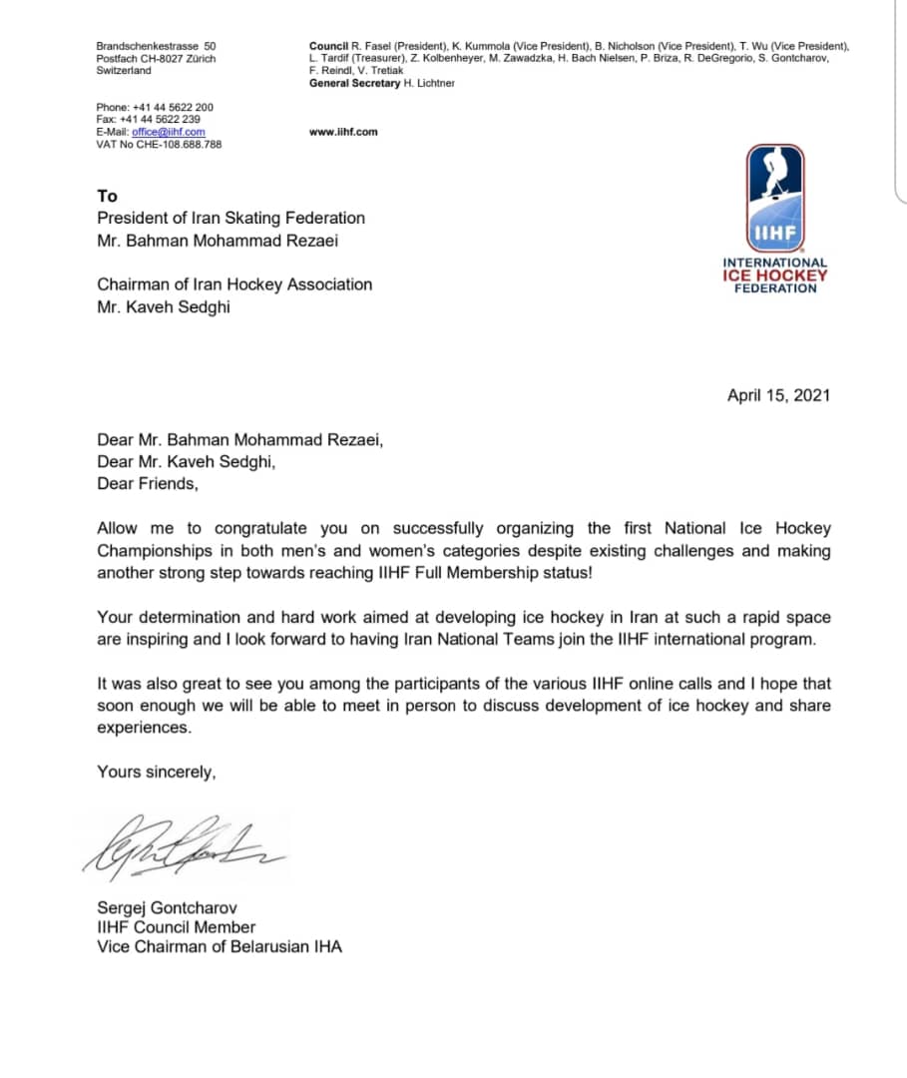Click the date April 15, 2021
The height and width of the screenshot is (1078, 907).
(778, 394)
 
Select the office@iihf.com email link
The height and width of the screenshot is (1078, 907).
(169, 132)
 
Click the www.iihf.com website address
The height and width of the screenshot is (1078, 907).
(343, 132)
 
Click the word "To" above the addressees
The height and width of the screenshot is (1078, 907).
(107, 196)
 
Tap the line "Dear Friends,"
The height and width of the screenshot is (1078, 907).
(148, 483)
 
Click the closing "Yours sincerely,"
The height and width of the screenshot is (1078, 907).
(156, 771)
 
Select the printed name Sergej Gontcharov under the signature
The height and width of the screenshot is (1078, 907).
(168, 907)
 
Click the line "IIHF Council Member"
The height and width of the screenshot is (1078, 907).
(176, 926)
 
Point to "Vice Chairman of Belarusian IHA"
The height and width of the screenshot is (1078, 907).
(219, 946)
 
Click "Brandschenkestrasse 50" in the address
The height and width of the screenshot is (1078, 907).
(156, 46)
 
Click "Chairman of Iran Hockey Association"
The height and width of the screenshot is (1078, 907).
(234, 284)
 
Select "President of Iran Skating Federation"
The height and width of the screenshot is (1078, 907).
(230, 218)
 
